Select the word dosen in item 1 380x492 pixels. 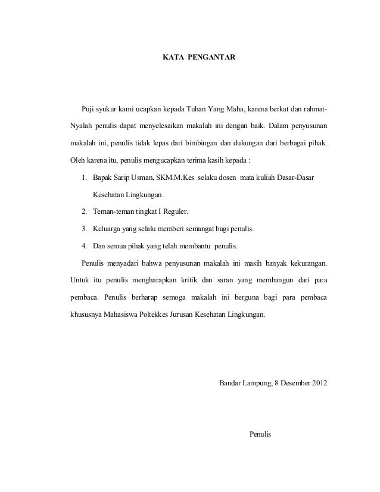[225, 178]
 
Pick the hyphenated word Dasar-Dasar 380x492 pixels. [295, 178]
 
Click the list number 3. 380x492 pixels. [85, 229]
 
